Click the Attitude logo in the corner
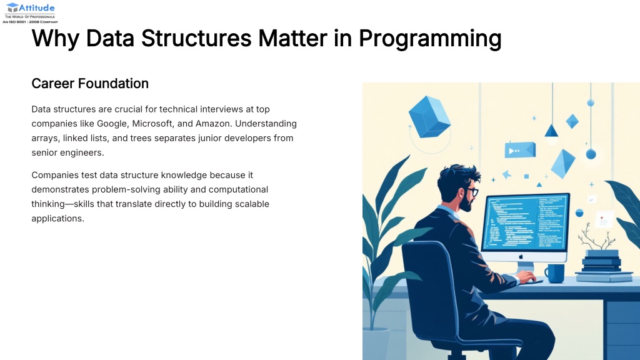pos(30,12)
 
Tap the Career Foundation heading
pos(90,83)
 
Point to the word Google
pos(112,124)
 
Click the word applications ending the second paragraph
pos(57,219)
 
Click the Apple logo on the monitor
pos(521,257)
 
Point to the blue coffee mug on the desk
pos(555,273)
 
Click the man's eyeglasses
pos(472,191)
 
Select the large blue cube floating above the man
pos(429,116)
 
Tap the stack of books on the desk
pos(602,266)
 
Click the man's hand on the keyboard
pos(526,277)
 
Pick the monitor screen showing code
pos(525,222)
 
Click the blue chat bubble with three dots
pos(520,150)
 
